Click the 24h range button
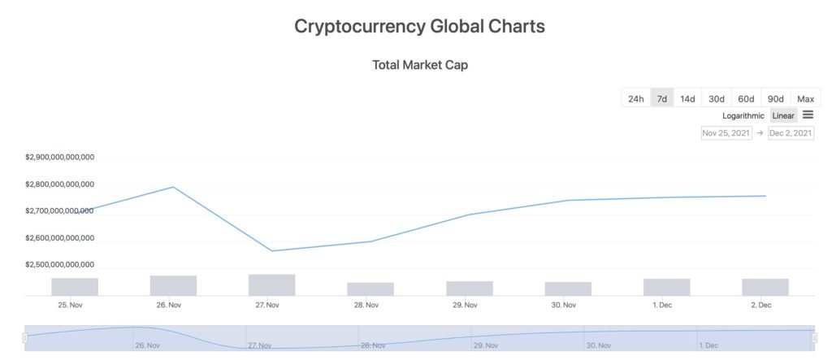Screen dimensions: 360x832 (x=635, y=99)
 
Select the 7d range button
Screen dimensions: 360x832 (x=662, y=99)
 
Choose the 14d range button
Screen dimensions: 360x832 (x=687, y=99)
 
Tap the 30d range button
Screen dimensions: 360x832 (x=717, y=99)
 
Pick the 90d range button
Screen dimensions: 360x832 (x=776, y=99)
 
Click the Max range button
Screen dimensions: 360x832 (x=805, y=99)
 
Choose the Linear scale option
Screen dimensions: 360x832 (x=783, y=116)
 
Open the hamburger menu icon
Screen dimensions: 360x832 (x=808, y=115)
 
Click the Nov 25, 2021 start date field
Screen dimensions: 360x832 (x=726, y=133)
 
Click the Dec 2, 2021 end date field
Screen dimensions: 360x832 (x=791, y=133)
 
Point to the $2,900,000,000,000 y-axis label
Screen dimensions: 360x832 (x=60, y=158)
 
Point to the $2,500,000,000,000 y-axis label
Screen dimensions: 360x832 (x=60, y=265)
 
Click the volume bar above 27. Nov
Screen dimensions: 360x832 (x=271, y=285)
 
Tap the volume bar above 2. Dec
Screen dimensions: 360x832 (x=765, y=287)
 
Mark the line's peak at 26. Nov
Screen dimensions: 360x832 (x=173, y=187)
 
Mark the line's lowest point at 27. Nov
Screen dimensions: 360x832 (x=271, y=251)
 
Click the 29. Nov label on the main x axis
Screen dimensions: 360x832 (x=465, y=306)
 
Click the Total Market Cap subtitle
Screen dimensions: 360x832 (x=419, y=65)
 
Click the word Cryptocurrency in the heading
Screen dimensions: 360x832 (x=357, y=26)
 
